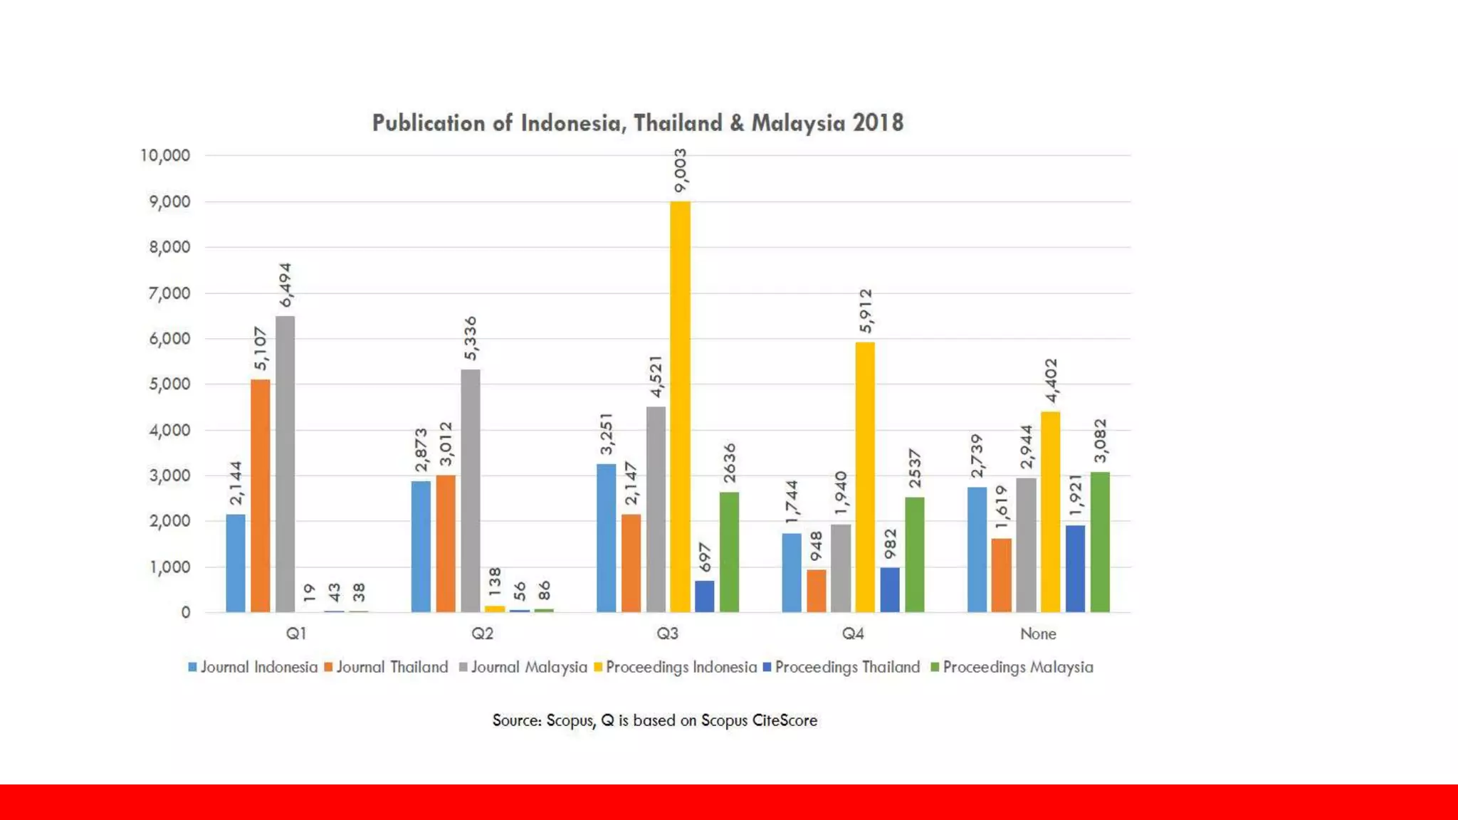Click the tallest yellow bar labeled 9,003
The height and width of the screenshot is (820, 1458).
tap(680, 406)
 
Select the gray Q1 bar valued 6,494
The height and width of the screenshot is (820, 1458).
tap(285, 464)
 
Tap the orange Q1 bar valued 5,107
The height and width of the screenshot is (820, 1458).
tap(261, 495)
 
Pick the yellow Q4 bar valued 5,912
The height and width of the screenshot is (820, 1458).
tap(865, 477)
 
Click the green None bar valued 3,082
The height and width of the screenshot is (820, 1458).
tap(1100, 542)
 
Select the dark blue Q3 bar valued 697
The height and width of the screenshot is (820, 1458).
tap(704, 596)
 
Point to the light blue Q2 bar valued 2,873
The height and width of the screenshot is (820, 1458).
tap(421, 547)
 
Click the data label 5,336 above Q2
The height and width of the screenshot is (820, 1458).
tap(471, 339)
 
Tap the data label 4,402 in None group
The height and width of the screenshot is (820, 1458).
tap(1051, 381)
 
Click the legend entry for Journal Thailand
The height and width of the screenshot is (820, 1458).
tap(386, 667)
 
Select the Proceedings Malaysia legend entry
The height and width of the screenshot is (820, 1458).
tap(1012, 667)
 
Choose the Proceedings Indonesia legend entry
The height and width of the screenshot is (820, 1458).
tap(676, 667)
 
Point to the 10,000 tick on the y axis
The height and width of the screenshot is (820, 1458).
tap(165, 155)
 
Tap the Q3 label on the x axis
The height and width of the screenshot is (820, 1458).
tap(667, 634)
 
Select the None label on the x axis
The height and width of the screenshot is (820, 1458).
tap(1038, 634)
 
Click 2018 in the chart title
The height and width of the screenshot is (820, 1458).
tap(878, 123)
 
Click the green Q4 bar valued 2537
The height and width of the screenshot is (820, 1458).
tap(915, 554)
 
